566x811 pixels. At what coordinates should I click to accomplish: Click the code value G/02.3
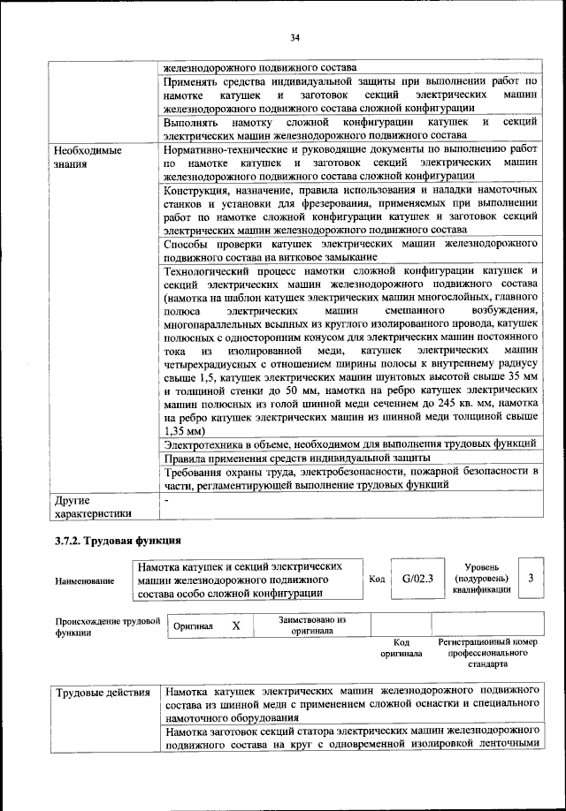(417, 579)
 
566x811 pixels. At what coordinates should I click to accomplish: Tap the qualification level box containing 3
(530, 578)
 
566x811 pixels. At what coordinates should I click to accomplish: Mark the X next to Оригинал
(235, 625)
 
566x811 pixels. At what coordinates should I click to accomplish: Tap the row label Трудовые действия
(102, 691)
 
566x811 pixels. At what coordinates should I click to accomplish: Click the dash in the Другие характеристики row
(166, 500)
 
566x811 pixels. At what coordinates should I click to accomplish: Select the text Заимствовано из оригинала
(311, 625)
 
